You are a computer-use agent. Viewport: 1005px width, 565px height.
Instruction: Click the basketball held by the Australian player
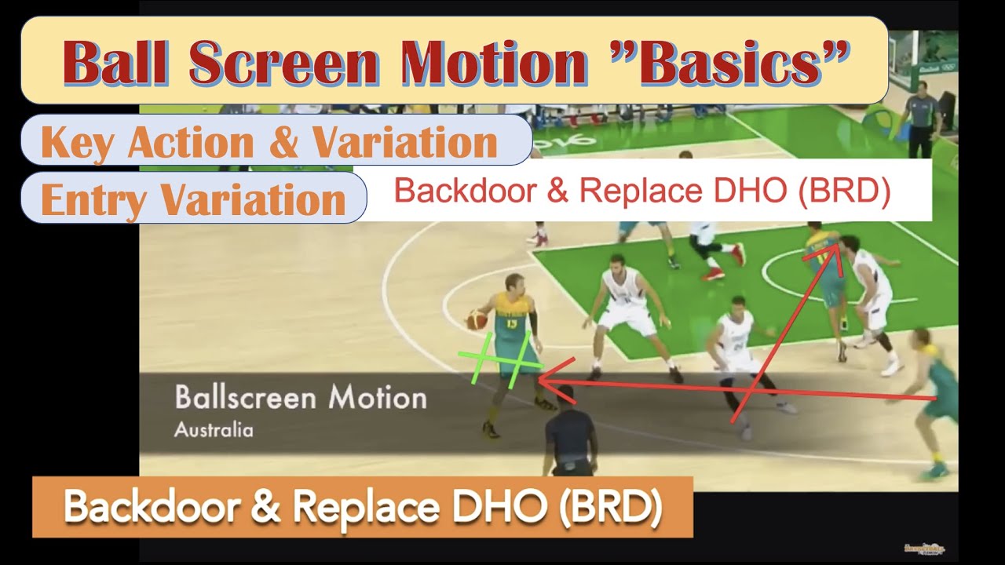click(477, 319)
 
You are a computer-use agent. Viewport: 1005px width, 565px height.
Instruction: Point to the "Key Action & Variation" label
click(269, 142)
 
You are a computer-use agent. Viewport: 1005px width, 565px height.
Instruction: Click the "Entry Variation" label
click(193, 199)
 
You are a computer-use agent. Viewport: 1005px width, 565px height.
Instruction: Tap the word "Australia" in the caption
click(214, 430)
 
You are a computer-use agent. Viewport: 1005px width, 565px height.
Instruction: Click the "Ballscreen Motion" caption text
click(301, 397)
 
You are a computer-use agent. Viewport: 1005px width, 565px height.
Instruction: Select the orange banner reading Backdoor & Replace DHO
click(362, 507)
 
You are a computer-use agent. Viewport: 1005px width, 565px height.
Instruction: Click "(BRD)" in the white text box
click(843, 191)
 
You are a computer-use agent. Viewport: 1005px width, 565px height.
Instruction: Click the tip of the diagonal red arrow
click(835, 246)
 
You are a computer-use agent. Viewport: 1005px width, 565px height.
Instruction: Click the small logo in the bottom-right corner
click(926, 548)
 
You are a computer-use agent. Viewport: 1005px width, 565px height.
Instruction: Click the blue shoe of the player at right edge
click(934, 472)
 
